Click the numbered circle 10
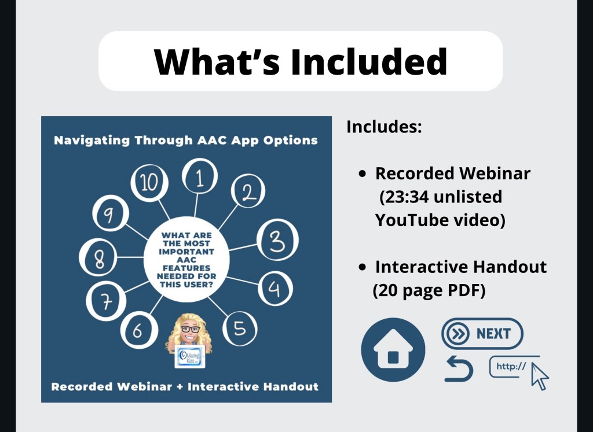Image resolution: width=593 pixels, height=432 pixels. click(x=149, y=183)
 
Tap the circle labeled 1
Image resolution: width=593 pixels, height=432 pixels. click(x=200, y=176)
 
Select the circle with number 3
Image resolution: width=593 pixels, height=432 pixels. click(x=277, y=240)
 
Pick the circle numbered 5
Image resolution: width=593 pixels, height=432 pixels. click(x=240, y=329)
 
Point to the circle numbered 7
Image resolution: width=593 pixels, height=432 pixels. click(x=106, y=301)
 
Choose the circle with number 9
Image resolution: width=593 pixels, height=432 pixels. click(x=111, y=213)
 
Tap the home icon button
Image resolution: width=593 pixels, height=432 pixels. click(x=393, y=350)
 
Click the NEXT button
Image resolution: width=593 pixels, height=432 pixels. click(x=482, y=334)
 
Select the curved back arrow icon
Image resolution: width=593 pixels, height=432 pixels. click(x=459, y=369)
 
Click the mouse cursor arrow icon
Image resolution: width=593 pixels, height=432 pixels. click(x=540, y=376)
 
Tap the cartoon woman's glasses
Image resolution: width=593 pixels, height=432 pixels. click(x=190, y=329)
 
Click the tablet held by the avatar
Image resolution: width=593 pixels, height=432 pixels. click(x=190, y=356)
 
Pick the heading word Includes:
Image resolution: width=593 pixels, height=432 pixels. click(x=384, y=127)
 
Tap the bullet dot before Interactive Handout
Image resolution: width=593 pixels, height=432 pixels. click(x=363, y=267)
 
